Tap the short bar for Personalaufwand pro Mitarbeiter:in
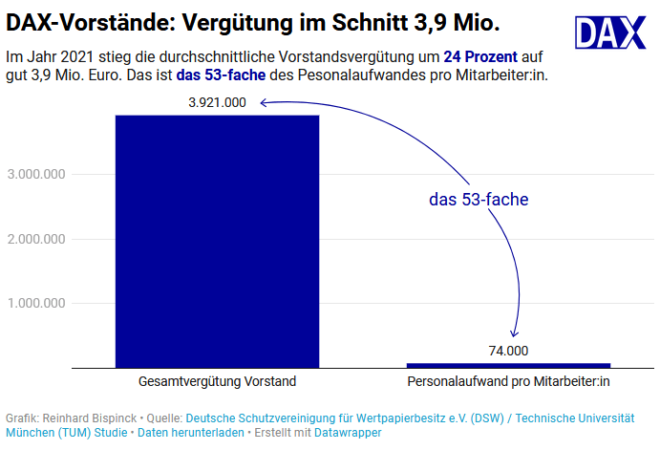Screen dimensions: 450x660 [x=508, y=365]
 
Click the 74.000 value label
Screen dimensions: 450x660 [x=508, y=351]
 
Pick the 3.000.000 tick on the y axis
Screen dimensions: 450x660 [x=35, y=174]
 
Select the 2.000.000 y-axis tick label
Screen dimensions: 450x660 [x=35, y=239]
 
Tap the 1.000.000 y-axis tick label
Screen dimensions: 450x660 [x=35, y=304]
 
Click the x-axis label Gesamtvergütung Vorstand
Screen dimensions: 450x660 [x=217, y=381]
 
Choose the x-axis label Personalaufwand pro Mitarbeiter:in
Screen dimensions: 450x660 [x=508, y=381]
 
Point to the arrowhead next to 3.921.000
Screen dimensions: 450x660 [x=261, y=103]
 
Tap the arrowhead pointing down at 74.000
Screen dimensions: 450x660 [x=514, y=332]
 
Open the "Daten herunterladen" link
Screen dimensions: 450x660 [x=190, y=433]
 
